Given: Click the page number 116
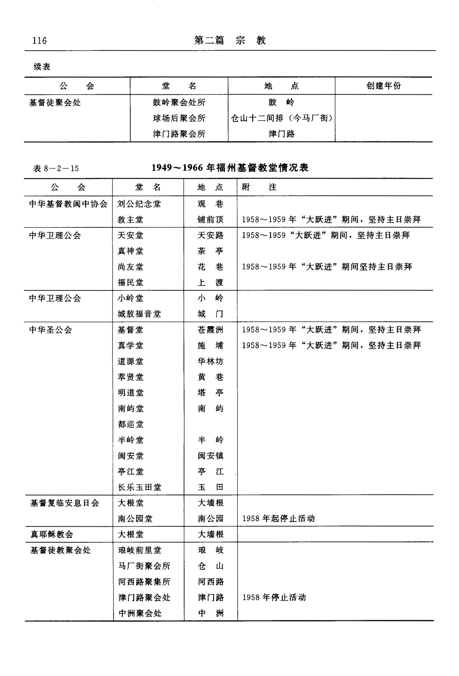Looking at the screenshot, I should click(x=39, y=41).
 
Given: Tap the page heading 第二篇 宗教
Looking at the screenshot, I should click(x=230, y=40).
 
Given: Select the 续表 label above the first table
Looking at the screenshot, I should click(x=42, y=67).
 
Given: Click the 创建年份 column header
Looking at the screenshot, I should click(x=383, y=86).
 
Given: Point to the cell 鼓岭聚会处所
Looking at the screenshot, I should click(x=179, y=102).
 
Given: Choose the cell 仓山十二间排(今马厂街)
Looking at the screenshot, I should click(x=282, y=118).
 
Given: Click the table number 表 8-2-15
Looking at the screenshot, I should click(x=56, y=169).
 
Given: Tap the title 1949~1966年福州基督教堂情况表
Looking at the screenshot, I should click(x=230, y=168).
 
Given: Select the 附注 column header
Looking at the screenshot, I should click(x=259, y=187).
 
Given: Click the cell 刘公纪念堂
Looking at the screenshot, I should click(x=139, y=204).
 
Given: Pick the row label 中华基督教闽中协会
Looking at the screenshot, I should click(x=68, y=204).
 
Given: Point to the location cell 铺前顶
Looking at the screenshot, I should click(x=211, y=220).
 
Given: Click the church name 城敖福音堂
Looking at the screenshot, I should click(x=139, y=314).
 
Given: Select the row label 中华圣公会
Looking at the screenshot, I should click(x=50, y=330).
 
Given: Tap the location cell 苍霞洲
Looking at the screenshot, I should click(x=211, y=330).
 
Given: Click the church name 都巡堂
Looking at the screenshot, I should click(x=131, y=424).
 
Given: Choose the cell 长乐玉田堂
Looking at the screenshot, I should click(x=139, y=487).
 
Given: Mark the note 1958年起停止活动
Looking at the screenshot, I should click(x=278, y=518).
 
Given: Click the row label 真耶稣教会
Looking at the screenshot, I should click(x=52, y=534).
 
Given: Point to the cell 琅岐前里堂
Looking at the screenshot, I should click(x=140, y=550).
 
